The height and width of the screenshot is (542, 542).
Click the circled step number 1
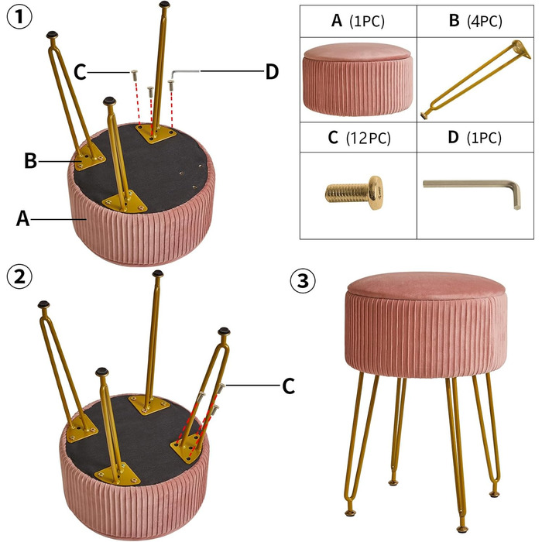point(19,17)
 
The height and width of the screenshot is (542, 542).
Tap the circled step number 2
point(19,276)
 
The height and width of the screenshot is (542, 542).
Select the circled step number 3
point(303,280)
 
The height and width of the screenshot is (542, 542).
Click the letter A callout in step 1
point(22,219)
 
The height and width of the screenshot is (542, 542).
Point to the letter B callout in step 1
point(30,161)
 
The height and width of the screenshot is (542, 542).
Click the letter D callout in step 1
point(272,72)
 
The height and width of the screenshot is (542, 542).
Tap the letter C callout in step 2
point(288,386)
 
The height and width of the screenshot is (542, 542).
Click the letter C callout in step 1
point(80,72)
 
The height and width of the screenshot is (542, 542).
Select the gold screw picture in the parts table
point(354,192)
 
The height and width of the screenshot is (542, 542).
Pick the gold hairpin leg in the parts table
point(475,80)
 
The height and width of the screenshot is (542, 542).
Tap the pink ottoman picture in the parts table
point(358,80)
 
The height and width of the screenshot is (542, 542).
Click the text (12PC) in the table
point(368,138)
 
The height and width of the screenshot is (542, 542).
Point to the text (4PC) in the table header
point(485,22)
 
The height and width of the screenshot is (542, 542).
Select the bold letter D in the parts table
point(453,137)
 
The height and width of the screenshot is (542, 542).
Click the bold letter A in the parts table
point(337,20)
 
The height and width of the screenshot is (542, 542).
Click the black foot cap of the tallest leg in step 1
point(165,5)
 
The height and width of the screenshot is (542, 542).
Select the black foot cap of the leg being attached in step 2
point(224,331)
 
